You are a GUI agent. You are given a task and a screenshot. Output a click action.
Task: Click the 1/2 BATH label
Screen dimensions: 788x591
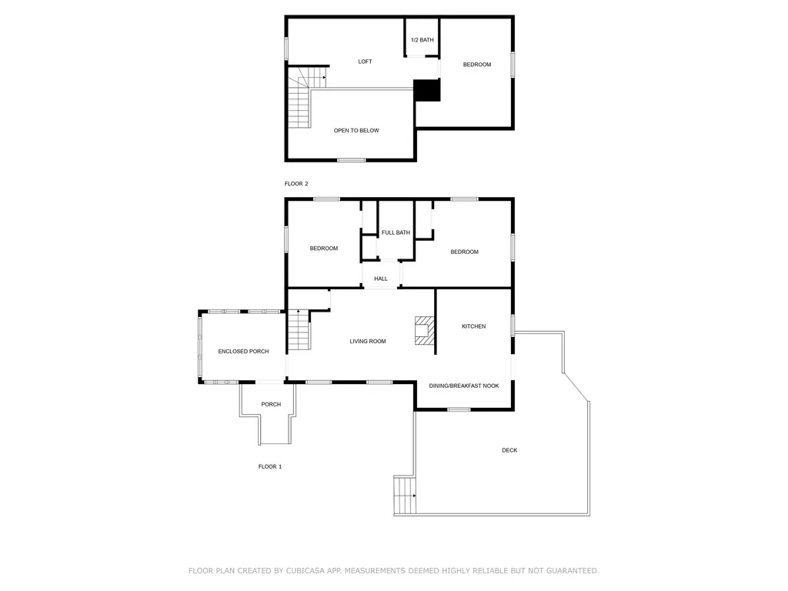point(422,40)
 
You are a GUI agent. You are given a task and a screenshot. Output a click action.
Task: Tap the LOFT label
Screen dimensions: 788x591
point(365,62)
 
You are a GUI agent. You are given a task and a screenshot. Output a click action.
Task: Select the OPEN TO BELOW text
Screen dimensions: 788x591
point(356,130)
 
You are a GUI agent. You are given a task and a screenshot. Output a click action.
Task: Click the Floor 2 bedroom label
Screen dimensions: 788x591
point(477,65)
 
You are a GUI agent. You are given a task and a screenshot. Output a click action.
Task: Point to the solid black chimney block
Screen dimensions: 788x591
point(426,90)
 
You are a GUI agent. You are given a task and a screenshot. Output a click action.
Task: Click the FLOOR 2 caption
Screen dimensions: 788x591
point(296,183)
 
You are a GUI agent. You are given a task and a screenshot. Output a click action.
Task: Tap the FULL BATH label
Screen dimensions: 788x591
point(396,232)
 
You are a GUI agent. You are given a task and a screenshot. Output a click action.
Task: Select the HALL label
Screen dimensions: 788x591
point(380,279)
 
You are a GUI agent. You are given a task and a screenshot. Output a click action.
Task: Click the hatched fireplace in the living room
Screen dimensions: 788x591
point(424,330)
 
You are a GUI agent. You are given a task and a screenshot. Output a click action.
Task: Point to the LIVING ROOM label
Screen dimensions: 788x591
point(367,341)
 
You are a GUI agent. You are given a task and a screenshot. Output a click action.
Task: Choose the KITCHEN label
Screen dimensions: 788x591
point(473,326)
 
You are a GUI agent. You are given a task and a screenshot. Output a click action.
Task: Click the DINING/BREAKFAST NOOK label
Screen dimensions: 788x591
point(463,386)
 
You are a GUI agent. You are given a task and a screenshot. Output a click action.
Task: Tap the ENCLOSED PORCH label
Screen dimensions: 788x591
point(243,351)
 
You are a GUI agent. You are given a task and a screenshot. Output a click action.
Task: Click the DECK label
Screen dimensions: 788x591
point(509,450)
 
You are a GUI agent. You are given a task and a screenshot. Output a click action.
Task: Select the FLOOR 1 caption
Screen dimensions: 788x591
point(270,466)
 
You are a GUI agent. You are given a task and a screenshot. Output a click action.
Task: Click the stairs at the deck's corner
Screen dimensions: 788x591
point(405,495)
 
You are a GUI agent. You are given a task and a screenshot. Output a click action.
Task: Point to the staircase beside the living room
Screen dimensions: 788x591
point(299,330)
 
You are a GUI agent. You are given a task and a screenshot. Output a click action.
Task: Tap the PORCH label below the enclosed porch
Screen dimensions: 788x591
point(271,404)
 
